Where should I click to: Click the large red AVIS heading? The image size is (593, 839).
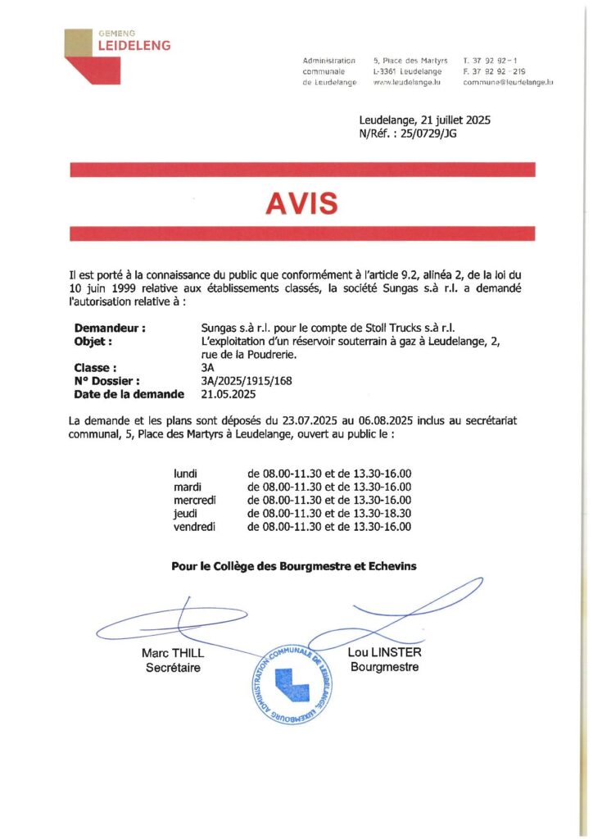(x=302, y=202)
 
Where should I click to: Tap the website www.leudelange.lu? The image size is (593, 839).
(x=407, y=83)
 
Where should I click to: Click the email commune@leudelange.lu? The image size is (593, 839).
(x=508, y=83)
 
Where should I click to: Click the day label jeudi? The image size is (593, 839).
(x=186, y=514)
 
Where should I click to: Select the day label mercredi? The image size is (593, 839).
(x=194, y=501)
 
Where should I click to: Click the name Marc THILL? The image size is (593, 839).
(x=173, y=654)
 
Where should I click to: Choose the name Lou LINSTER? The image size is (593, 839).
(x=384, y=654)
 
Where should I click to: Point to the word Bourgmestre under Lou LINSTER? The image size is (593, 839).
(x=384, y=667)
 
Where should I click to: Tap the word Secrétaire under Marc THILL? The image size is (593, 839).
(x=173, y=668)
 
